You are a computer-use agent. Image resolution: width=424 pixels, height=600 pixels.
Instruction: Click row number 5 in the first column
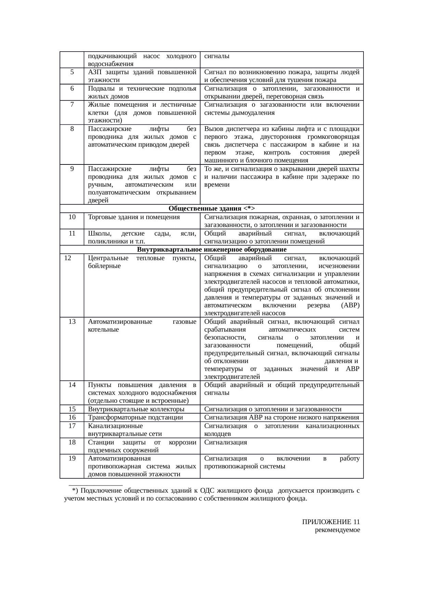pos(72,72)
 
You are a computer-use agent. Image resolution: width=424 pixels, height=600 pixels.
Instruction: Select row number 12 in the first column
pos(68,258)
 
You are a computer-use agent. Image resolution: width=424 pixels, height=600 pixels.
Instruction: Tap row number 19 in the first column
pos(72,458)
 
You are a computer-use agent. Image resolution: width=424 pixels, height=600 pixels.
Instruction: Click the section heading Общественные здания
pos(205,209)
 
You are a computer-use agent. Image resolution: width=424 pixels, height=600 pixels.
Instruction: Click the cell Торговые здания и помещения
pos(134,217)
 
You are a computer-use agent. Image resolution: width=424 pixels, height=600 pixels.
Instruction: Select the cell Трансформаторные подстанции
pos(135,417)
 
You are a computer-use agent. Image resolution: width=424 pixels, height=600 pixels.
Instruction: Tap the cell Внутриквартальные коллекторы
pos(136,409)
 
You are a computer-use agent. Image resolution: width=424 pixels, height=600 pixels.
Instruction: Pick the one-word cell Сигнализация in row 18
pos(225,442)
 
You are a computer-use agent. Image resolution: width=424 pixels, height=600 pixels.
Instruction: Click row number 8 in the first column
pos(72,129)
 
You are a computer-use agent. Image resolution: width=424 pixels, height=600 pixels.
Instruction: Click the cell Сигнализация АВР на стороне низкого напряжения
pos(281,417)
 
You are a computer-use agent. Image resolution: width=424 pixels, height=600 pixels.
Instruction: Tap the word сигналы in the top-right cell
pos(217,56)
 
